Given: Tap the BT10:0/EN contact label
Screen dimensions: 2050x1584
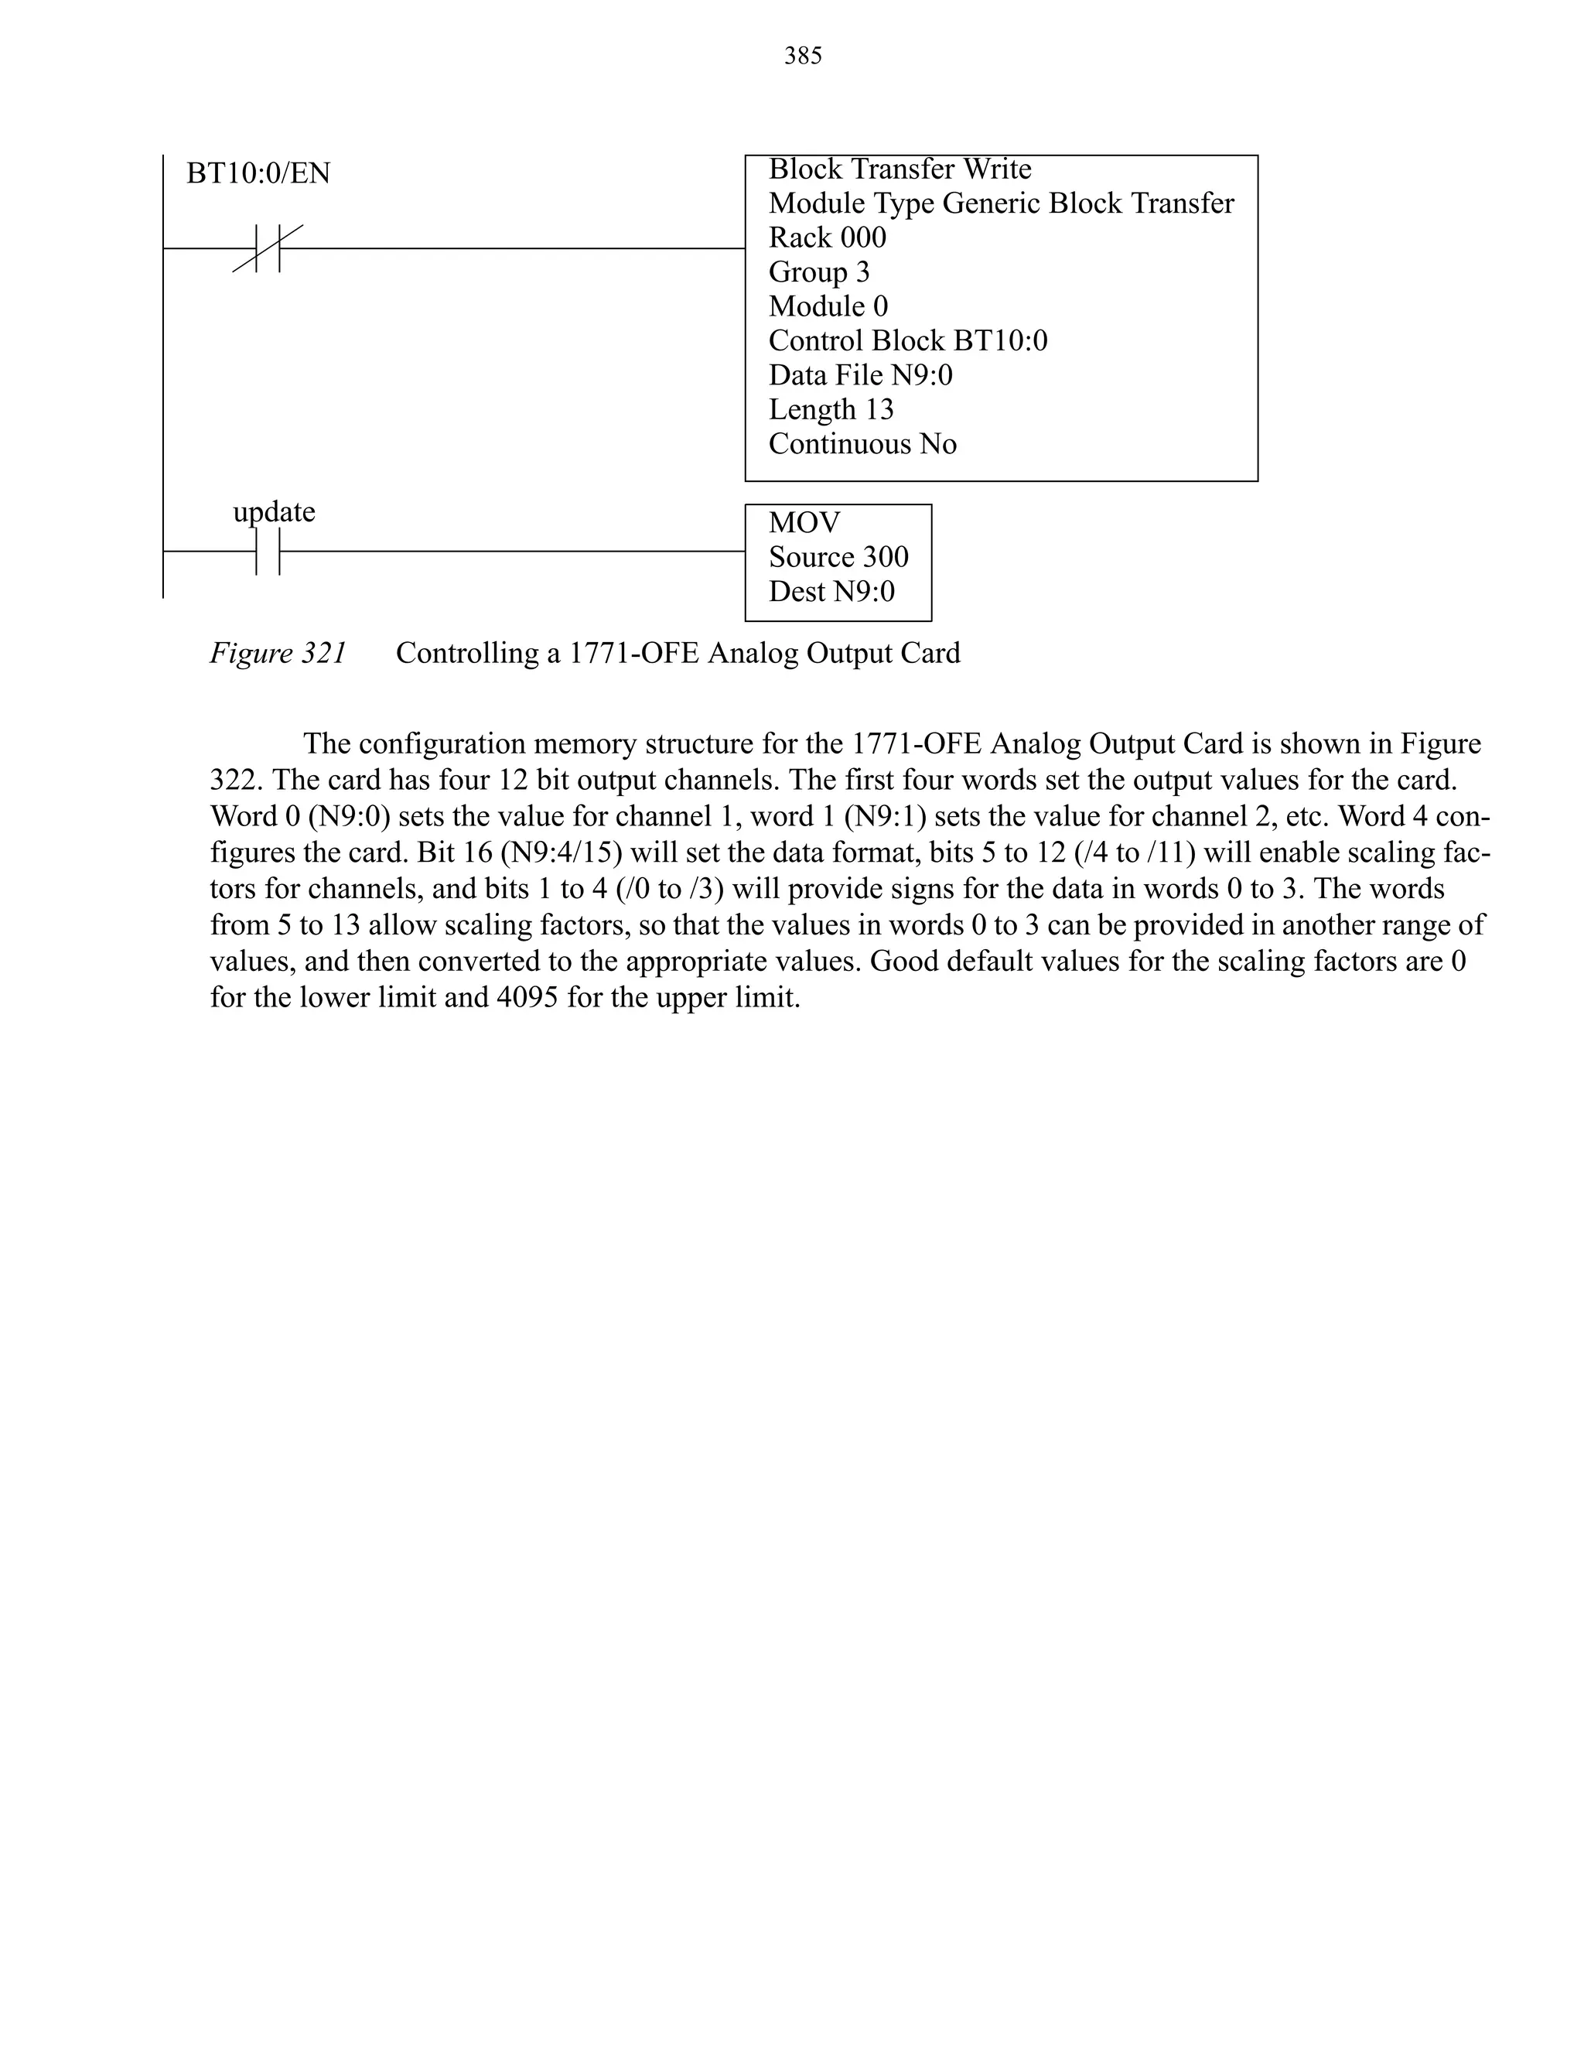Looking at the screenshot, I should (258, 173).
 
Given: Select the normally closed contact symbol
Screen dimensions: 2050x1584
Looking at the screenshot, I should (268, 249).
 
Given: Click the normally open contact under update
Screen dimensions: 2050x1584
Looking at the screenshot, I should (268, 552).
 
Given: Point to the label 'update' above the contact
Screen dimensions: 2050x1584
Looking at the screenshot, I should (274, 511).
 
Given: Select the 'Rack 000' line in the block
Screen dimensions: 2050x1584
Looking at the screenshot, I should (827, 237).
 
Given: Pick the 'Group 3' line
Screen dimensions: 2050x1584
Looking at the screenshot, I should (819, 272).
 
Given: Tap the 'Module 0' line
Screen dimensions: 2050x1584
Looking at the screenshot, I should (828, 306).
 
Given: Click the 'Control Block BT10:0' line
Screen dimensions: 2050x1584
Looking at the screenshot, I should (907, 340).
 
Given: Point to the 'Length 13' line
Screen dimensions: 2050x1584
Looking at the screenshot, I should (831, 409).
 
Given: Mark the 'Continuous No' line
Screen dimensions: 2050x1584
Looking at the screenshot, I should (862, 444).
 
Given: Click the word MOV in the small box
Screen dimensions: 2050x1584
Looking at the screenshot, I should (804, 523).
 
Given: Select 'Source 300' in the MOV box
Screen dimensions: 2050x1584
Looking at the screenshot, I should (838, 558).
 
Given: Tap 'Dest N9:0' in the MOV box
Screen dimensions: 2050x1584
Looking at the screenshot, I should (831, 591).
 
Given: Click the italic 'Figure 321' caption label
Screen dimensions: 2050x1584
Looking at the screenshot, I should (278, 654).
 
